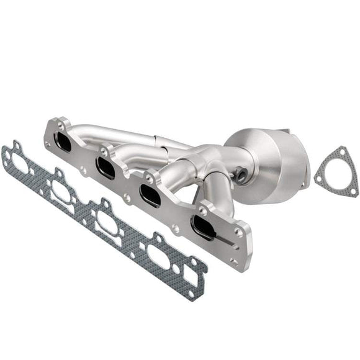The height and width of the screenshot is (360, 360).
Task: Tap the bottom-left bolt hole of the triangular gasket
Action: [318, 179]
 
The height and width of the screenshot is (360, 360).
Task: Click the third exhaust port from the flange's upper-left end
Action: [151, 194]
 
